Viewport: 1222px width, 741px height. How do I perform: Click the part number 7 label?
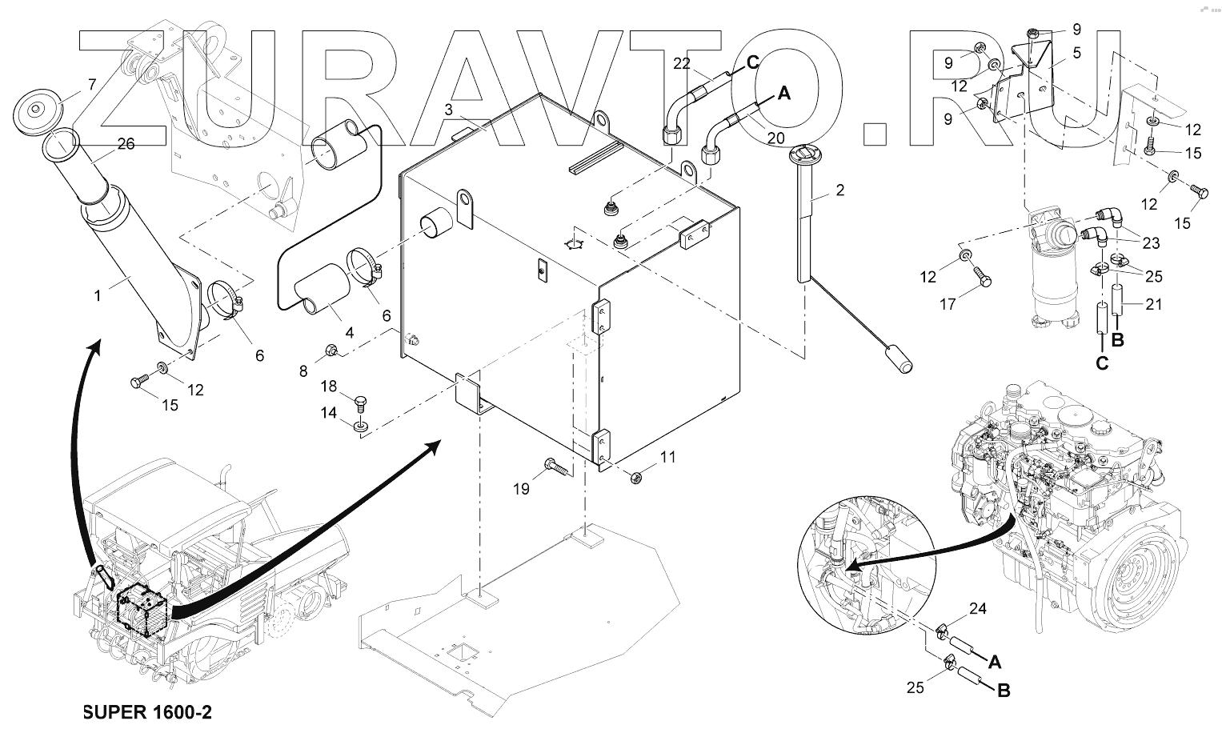pos(91,83)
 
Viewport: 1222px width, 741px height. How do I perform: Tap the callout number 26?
pos(126,144)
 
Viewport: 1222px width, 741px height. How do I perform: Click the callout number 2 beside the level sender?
pos(839,190)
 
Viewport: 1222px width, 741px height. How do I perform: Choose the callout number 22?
pos(681,63)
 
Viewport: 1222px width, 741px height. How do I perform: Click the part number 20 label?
pos(775,138)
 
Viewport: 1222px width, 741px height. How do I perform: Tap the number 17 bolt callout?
pos(948,304)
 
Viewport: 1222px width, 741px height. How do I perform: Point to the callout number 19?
pos(521,488)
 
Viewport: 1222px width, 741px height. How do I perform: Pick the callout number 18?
pos(330,387)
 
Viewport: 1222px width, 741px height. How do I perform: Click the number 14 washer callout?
pos(330,413)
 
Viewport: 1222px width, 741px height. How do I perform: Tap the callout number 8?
pos(302,370)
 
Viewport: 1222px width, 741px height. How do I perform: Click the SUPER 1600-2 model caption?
pos(147,712)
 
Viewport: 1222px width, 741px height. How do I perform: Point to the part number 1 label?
pos(98,296)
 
